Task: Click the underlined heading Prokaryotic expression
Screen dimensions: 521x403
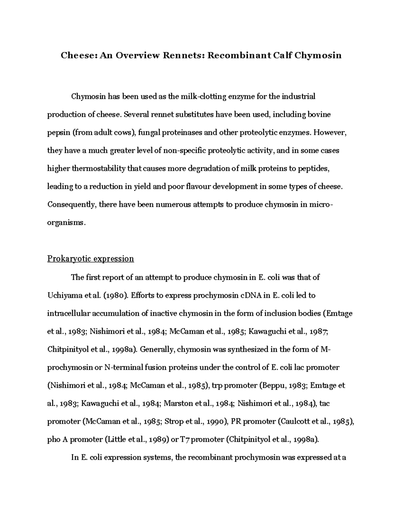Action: (x=90, y=259)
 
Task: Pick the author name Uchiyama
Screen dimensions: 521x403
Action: (x=64, y=296)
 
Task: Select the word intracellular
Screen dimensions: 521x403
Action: (x=68, y=314)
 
